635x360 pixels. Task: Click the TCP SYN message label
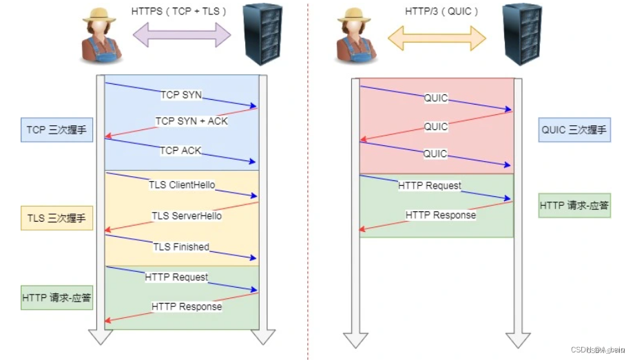tap(182, 94)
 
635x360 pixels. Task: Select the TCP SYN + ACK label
tap(191, 121)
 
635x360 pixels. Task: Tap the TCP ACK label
tap(180, 150)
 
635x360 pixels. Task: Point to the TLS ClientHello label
tap(182, 185)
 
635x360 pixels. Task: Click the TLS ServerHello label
tap(187, 215)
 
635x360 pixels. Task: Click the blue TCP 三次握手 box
tap(56, 129)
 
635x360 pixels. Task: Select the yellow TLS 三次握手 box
tap(56, 219)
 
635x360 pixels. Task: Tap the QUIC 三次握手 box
tap(574, 130)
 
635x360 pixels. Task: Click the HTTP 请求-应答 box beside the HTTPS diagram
tap(56, 298)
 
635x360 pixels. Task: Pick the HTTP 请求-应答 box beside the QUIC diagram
tap(574, 205)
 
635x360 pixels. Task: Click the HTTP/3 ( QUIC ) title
tap(439, 12)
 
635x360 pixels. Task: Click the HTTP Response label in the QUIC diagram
tap(440, 215)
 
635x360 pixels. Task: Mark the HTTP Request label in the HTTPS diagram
tap(176, 277)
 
